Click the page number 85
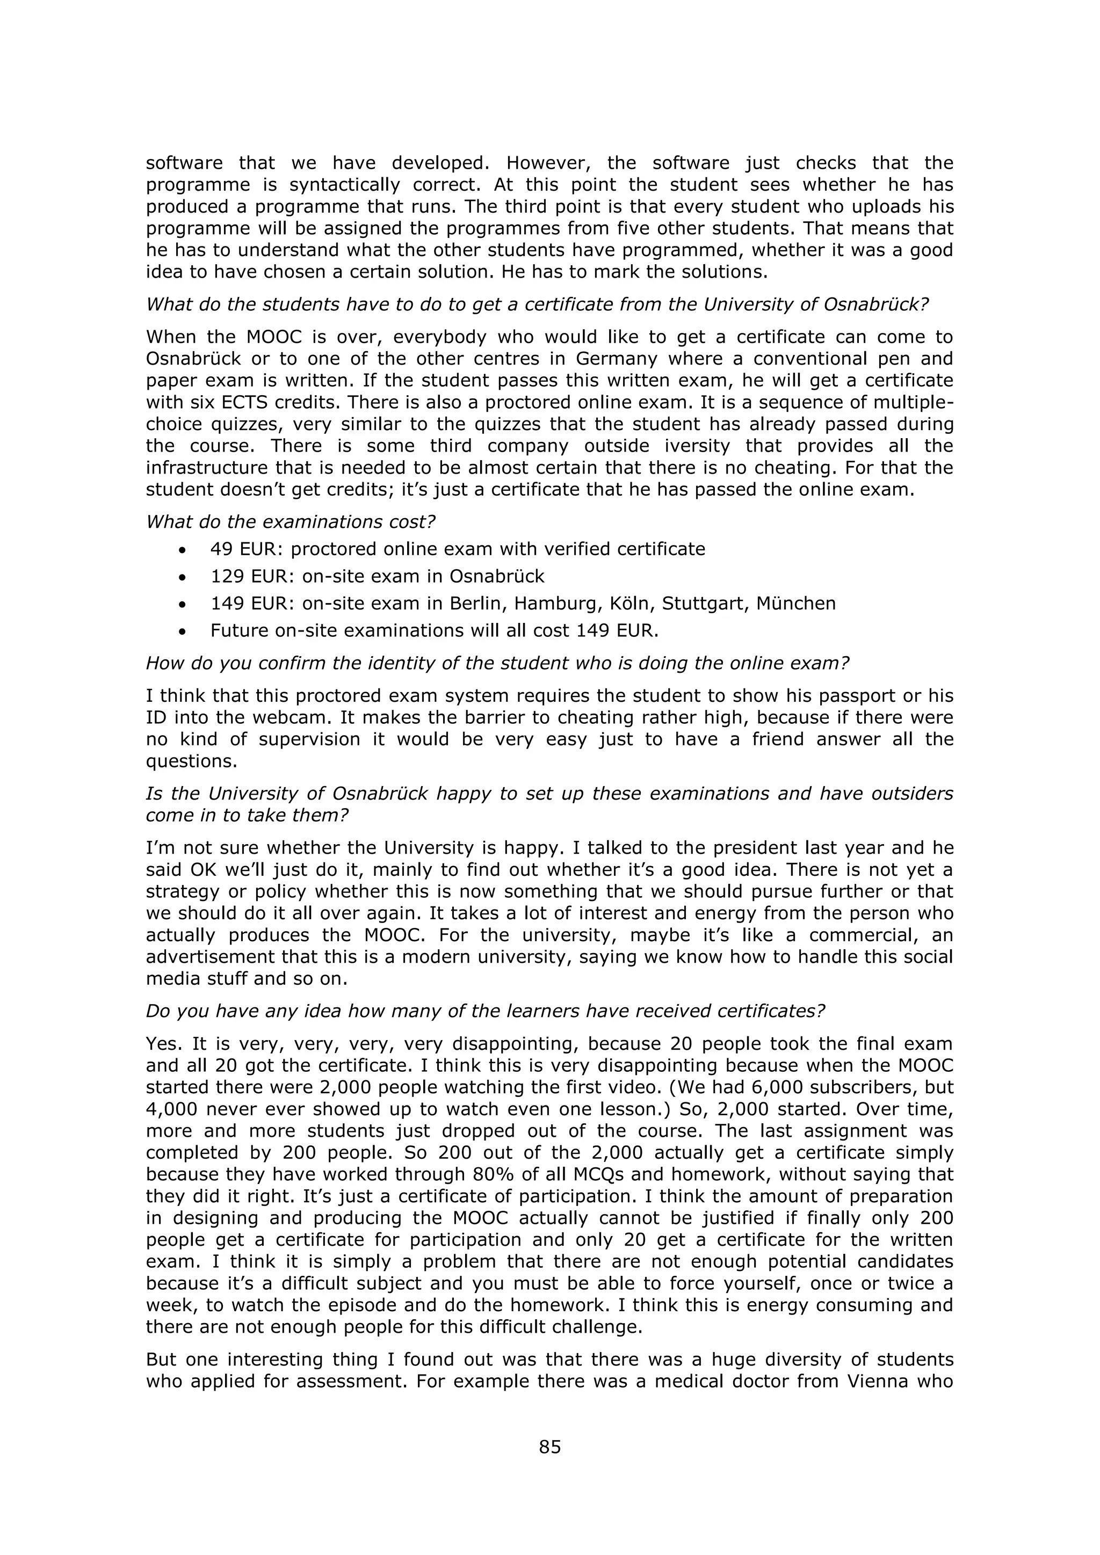point(549,1447)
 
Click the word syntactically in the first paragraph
point(345,185)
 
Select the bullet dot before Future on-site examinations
point(182,631)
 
